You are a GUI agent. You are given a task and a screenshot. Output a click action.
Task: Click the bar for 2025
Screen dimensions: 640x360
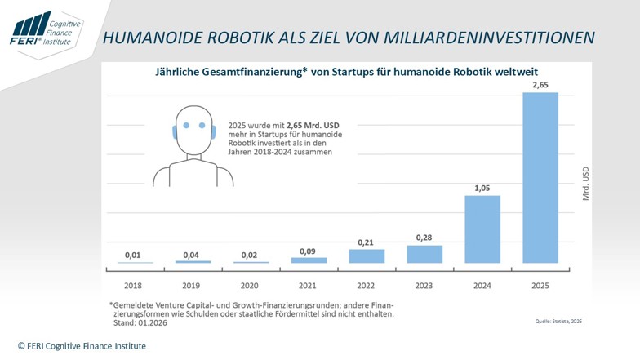click(540, 178)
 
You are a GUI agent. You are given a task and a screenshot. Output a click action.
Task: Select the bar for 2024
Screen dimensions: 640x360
click(482, 229)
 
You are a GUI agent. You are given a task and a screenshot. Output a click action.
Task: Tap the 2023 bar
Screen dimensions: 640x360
click(424, 254)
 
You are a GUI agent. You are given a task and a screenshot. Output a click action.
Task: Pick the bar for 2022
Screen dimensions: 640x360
click(367, 256)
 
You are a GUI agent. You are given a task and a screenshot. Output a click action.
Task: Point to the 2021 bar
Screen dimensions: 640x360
click(309, 260)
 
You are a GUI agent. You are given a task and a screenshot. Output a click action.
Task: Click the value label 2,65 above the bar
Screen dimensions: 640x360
click(540, 85)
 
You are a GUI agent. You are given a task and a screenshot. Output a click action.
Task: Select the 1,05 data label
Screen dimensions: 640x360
click(482, 188)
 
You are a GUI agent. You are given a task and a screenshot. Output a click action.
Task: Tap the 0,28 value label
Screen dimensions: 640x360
click(424, 238)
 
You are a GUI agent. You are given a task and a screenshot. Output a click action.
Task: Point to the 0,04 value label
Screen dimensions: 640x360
click(191, 255)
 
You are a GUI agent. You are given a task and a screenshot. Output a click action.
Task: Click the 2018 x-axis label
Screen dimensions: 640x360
click(133, 286)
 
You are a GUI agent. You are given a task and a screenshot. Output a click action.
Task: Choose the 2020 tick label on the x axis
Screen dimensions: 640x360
click(250, 286)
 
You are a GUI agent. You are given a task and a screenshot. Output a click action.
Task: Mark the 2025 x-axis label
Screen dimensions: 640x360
click(540, 286)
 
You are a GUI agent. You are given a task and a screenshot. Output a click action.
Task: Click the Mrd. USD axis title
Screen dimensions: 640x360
click(586, 184)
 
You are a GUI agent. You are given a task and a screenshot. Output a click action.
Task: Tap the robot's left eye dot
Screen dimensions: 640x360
click(186, 126)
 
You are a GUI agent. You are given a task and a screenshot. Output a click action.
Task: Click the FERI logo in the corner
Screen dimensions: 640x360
click(46, 29)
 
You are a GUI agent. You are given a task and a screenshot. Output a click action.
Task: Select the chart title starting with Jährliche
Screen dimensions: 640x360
click(346, 72)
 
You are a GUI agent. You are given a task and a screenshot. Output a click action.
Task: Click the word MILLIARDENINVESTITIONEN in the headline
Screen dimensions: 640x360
click(490, 38)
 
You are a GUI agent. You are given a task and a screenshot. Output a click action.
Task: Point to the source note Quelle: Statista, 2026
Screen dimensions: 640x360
click(558, 322)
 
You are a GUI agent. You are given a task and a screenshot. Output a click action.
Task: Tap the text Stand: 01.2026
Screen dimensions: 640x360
click(140, 323)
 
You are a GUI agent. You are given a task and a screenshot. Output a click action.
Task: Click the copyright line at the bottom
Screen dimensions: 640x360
click(82, 346)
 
